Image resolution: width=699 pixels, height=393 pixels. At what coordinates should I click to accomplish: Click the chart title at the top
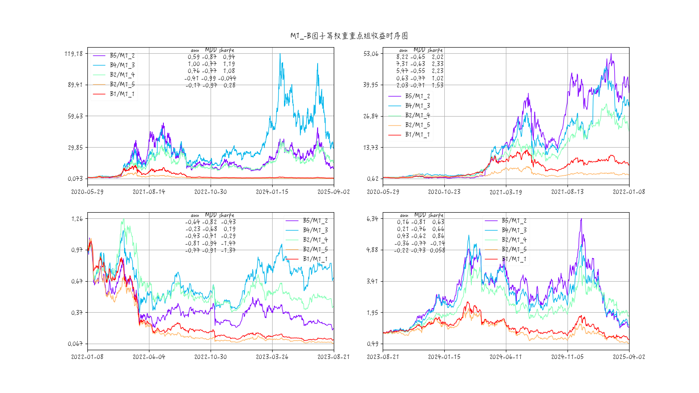349,36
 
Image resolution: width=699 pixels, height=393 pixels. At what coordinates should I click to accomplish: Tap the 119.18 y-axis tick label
73,54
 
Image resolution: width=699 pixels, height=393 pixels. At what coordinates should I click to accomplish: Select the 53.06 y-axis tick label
371,54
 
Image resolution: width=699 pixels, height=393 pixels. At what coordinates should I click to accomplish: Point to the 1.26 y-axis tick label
77,219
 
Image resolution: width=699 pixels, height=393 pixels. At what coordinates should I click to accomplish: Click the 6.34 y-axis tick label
372,219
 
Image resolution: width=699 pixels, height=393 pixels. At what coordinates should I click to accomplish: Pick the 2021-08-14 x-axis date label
149,192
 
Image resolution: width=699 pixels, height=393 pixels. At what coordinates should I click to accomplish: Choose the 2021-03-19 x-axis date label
505,192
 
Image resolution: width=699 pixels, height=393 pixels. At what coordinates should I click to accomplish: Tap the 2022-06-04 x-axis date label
149,357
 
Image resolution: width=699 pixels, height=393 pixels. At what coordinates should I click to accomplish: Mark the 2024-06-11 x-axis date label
505,357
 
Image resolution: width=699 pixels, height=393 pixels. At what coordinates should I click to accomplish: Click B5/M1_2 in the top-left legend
122,55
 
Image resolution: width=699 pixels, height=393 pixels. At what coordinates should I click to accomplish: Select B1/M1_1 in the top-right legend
417,134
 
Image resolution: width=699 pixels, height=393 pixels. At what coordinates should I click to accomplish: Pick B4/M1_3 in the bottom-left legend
315,230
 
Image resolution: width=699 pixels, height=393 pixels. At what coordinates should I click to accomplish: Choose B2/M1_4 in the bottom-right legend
514,240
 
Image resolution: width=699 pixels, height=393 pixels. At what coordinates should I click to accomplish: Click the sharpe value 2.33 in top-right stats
437,64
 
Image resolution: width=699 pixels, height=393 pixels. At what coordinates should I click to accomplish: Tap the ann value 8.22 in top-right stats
402,57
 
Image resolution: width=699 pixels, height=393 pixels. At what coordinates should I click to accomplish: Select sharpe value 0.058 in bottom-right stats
437,250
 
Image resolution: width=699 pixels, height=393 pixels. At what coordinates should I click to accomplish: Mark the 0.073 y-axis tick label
75,179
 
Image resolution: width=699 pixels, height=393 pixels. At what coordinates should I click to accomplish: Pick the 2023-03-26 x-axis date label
272,357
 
